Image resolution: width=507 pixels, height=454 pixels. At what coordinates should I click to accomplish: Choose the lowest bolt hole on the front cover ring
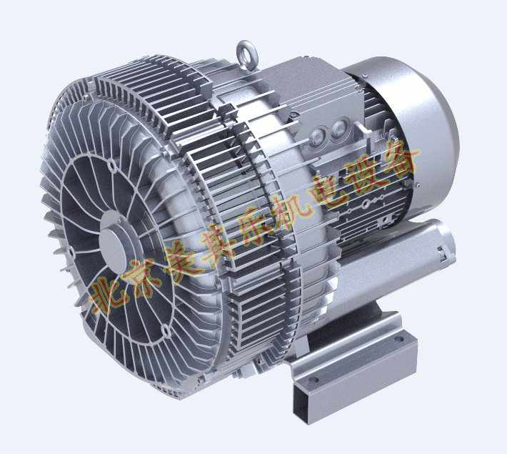pyautogui.click(x=166, y=330)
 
